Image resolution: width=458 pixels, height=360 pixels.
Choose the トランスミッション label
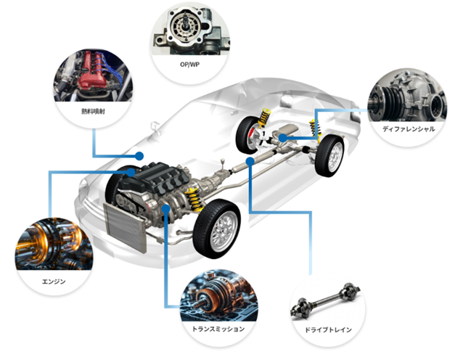tap(217, 329)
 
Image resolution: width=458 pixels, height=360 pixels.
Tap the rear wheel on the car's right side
tap(332, 155)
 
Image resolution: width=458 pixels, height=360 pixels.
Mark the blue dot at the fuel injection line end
tap(139, 155)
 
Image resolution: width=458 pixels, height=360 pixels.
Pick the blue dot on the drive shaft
tap(250, 160)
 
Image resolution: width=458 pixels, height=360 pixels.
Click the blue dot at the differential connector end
tap(279, 135)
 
